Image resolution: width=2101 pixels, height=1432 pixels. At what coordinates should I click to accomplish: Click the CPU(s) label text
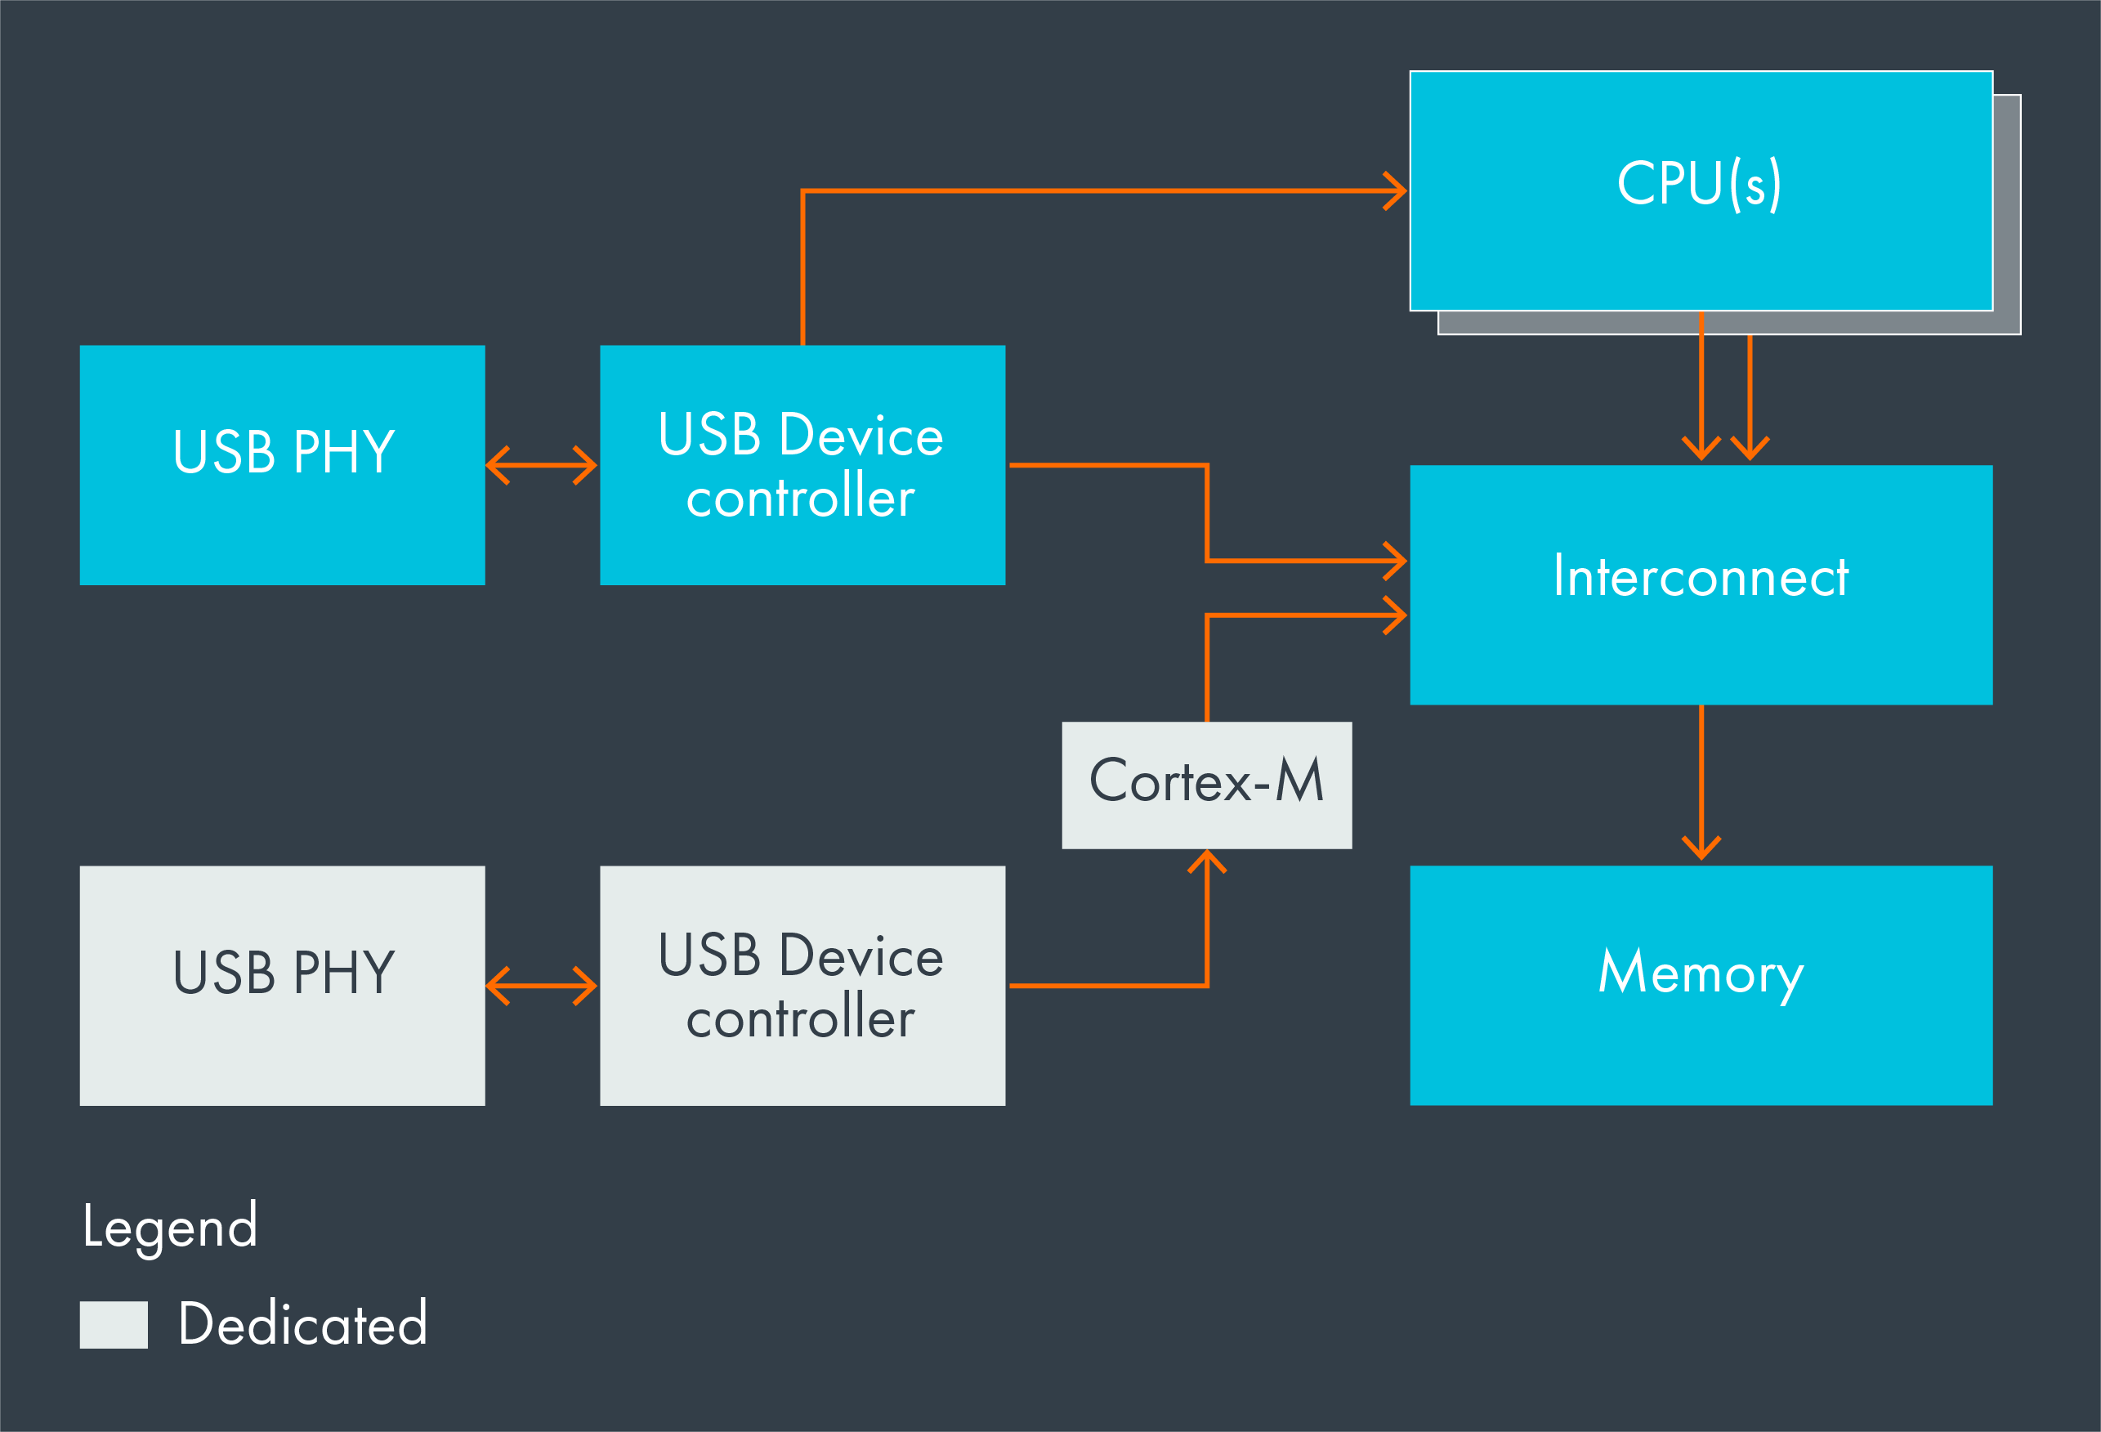point(1700,184)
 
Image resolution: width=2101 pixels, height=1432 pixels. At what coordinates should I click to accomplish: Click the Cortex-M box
point(1206,784)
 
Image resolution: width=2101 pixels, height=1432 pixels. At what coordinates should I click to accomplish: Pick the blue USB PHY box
point(282,525)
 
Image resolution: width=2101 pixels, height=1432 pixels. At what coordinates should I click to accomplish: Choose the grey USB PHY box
point(282,1049)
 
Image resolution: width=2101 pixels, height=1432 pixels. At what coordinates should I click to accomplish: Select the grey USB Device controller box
point(802,1067)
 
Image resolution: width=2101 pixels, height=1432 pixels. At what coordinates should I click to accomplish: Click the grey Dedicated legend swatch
point(113,1324)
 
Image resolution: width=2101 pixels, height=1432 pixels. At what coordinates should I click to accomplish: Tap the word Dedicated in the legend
point(303,1324)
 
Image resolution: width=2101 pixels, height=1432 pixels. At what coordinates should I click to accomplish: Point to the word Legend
point(170,1227)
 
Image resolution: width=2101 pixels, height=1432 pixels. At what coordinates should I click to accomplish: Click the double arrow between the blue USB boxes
point(542,466)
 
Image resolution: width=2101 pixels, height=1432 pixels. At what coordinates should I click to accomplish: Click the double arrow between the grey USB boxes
point(542,986)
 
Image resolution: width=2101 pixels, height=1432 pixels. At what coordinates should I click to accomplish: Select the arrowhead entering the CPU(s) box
point(1397,190)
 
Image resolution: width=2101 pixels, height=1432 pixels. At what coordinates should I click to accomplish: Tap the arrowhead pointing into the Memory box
point(1701,850)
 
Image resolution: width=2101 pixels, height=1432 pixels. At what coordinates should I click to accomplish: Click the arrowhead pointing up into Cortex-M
point(1206,861)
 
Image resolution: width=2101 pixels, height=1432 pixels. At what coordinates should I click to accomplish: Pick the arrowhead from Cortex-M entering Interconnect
point(1397,615)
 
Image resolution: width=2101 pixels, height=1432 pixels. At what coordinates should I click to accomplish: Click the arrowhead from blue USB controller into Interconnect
point(1397,561)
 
